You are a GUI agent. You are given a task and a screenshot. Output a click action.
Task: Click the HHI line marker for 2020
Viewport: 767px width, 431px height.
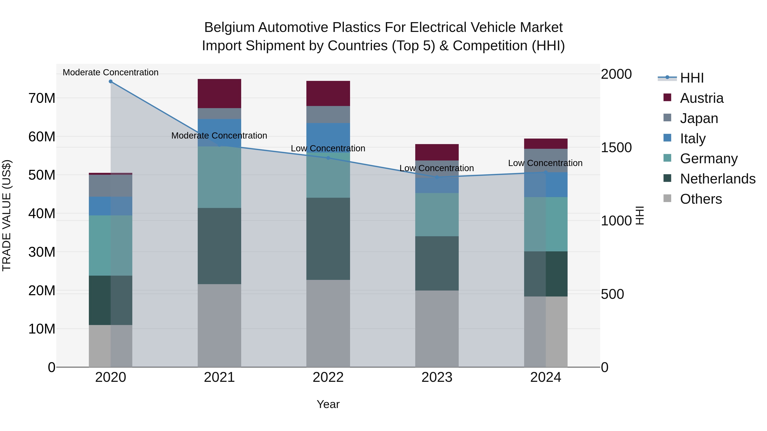[110, 82]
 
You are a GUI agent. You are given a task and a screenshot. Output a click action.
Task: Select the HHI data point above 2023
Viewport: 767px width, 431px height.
[437, 177]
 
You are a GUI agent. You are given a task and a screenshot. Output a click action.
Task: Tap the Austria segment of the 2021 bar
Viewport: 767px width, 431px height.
[219, 93]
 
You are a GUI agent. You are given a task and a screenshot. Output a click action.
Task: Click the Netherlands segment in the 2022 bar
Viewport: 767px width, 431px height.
[328, 239]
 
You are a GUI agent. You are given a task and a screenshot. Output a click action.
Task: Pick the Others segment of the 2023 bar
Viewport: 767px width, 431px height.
[437, 328]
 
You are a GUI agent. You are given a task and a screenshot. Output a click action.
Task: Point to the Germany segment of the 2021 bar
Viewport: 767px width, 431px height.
[219, 177]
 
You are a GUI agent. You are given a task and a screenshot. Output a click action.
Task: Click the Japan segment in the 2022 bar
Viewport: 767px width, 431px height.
[328, 115]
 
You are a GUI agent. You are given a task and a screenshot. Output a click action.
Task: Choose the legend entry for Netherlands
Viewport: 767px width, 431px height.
[718, 179]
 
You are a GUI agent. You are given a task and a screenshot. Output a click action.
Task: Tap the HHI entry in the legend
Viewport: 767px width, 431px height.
[692, 78]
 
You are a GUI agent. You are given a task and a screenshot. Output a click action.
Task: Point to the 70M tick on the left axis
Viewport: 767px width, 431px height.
[42, 98]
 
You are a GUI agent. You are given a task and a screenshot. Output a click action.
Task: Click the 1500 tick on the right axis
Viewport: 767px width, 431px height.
[616, 147]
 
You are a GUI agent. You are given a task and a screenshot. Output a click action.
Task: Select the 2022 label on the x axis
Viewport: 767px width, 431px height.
[328, 377]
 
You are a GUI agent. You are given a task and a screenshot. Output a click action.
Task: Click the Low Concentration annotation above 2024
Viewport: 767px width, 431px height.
[545, 163]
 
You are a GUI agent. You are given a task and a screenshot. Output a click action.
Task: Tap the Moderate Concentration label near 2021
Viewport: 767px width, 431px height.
[219, 136]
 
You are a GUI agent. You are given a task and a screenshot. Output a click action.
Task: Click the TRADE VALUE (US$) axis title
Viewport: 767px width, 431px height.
[7, 215]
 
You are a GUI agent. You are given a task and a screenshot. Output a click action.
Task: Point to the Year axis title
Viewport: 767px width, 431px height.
[328, 404]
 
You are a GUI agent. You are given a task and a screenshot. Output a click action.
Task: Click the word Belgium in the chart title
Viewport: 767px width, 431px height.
[229, 27]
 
